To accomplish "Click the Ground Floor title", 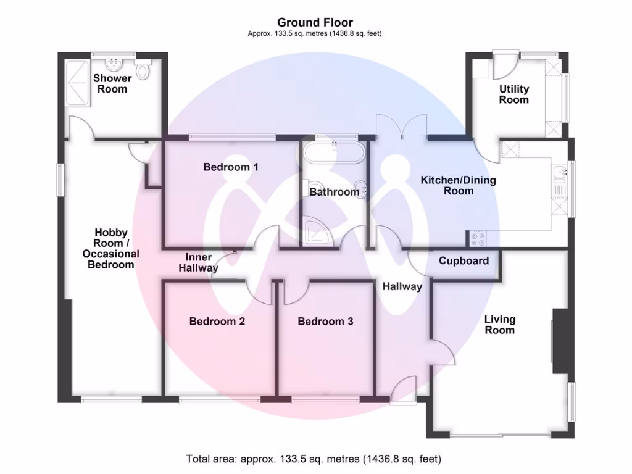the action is point(315,22).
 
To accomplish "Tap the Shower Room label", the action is point(112,83).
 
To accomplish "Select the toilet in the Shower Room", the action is point(142,70).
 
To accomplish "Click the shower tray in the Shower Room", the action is point(77,83).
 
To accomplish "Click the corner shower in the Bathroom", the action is point(317,231).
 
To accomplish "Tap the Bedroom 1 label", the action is point(231,167).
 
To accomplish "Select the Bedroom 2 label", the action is point(217,321).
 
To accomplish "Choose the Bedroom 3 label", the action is point(325,321).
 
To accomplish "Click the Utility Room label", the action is point(514,94).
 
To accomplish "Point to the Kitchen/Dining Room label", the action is point(459,185).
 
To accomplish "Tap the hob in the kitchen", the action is point(478,238).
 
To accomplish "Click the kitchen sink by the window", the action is point(559,172).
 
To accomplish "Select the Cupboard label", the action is point(464,261).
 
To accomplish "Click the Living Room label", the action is point(500,325).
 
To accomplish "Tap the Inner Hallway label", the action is point(198,262).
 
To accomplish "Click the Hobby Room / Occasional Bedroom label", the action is point(111,248).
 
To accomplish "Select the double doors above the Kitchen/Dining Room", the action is point(401,127).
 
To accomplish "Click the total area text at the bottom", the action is point(314,459).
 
